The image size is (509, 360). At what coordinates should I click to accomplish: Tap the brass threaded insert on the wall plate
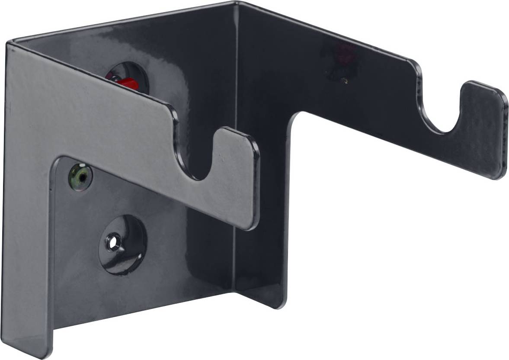point(80,176)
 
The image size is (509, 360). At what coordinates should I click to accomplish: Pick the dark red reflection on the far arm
point(342,56)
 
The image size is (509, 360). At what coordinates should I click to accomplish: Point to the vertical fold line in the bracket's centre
point(237,151)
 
